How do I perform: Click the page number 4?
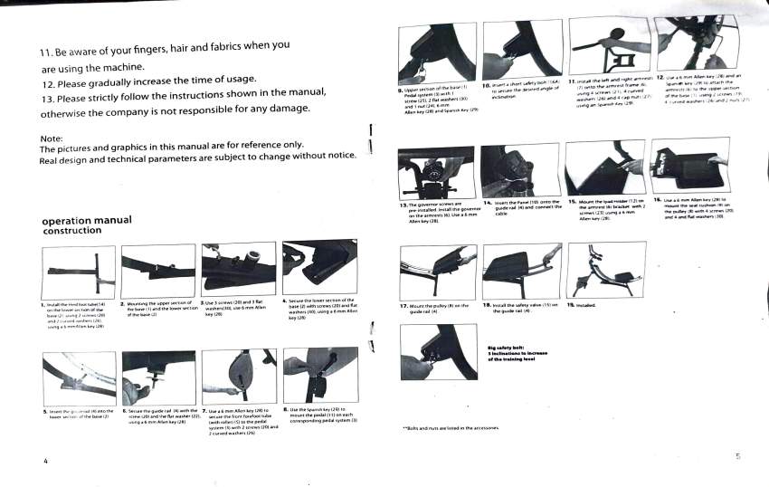(x=44, y=462)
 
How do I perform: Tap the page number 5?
(x=737, y=456)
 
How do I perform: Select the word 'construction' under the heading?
(x=71, y=231)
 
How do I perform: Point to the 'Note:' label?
(x=52, y=138)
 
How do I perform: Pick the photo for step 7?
(x=240, y=376)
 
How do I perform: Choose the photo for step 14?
(x=519, y=167)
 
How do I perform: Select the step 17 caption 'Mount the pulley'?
(x=434, y=309)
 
